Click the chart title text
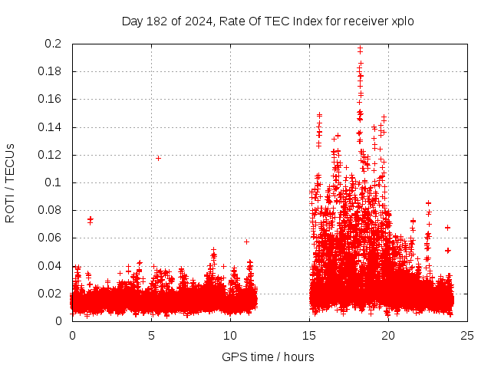[268, 21]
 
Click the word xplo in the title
[401, 21]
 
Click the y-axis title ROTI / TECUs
[10, 182]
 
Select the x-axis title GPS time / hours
[268, 356]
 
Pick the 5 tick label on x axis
[151, 336]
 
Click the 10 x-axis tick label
[230, 336]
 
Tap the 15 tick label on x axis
[309, 336]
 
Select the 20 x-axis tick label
[388, 336]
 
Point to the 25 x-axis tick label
[467, 336]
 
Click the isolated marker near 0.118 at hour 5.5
[158, 158]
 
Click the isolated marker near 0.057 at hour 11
[246, 242]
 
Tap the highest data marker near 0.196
[360, 49]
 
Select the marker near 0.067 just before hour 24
[447, 228]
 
